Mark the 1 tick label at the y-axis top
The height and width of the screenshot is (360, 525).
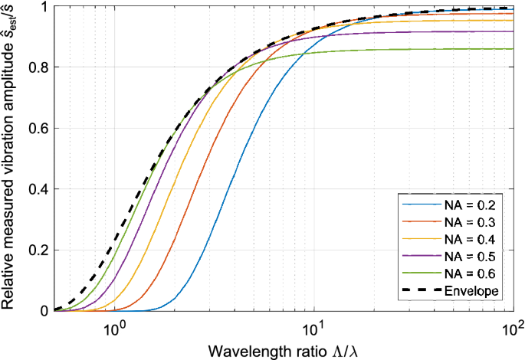[x=44, y=7]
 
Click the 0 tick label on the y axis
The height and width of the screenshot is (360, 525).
[x=44, y=311]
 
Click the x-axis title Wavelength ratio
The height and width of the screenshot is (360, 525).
[x=280, y=349]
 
